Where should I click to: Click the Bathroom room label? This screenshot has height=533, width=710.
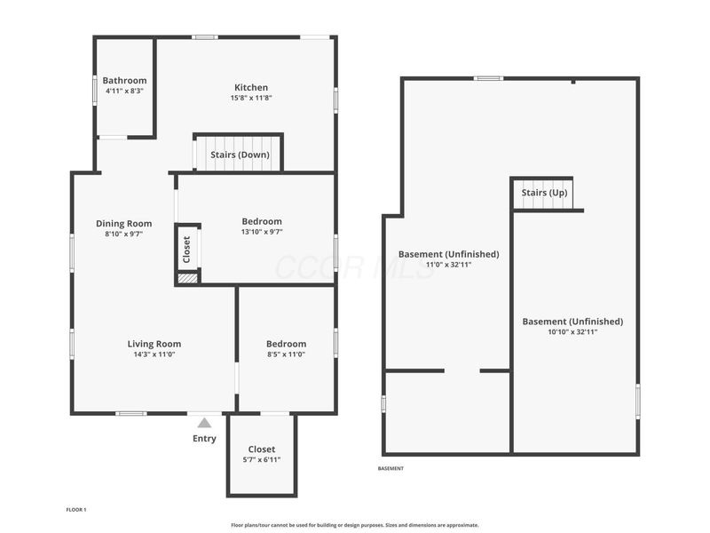[x=124, y=81]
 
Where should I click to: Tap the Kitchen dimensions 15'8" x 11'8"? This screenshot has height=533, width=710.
[x=251, y=98]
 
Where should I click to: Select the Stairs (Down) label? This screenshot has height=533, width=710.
[x=240, y=155]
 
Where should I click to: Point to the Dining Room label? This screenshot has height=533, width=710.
[x=123, y=224]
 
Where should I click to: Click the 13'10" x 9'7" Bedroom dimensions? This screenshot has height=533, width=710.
[x=262, y=232]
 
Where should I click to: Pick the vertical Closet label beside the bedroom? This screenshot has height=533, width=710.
[x=186, y=250]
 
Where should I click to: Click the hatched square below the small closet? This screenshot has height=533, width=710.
[x=187, y=278]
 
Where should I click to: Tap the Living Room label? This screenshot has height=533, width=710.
[x=154, y=344]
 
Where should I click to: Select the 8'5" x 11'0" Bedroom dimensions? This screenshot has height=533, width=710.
[x=286, y=354]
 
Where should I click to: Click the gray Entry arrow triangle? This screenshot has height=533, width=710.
[x=204, y=424]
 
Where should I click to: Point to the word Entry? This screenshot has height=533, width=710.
[x=204, y=439]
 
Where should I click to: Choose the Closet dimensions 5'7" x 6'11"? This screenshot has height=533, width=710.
[x=262, y=460]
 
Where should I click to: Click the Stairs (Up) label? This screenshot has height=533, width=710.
[x=544, y=193]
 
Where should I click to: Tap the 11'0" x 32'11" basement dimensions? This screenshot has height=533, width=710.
[x=448, y=265]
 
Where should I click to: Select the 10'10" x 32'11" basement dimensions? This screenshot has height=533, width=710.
[x=572, y=331]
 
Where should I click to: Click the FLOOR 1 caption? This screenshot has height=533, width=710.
[x=76, y=510]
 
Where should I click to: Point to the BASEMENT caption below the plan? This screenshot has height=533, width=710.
[x=390, y=469]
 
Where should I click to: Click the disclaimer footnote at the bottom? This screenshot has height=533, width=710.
[x=354, y=525]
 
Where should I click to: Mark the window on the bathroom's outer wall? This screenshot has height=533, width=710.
[x=95, y=91]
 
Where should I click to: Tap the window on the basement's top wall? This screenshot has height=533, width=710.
[x=489, y=78]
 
